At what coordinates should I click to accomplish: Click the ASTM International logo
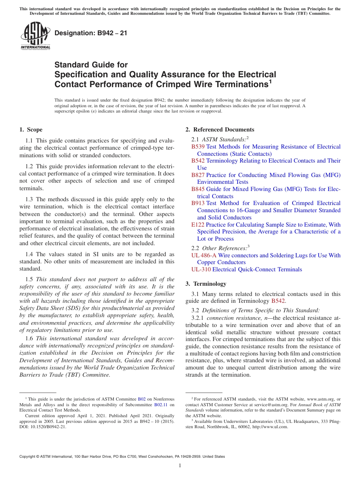[x=35, y=36]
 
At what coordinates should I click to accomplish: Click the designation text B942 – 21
[x=91, y=33]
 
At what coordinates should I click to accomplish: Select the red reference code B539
[x=198, y=147]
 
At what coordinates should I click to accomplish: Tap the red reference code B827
[x=198, y=175]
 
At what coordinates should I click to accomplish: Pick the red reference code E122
[x=198, y=225]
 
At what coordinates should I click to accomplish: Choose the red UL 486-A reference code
[x=204, y=255]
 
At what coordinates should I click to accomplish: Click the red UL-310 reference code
[x=201, y=269]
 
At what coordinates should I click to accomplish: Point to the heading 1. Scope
[x=31, y=130]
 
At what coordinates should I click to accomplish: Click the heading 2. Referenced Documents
[x=220, y=130]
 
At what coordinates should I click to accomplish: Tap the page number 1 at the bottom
[x=180, y=465]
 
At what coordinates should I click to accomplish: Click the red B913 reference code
[x=198, y=203]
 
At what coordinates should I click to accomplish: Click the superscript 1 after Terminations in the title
[x=270, y=81]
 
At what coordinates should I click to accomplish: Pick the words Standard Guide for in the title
[x=91, y=65]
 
